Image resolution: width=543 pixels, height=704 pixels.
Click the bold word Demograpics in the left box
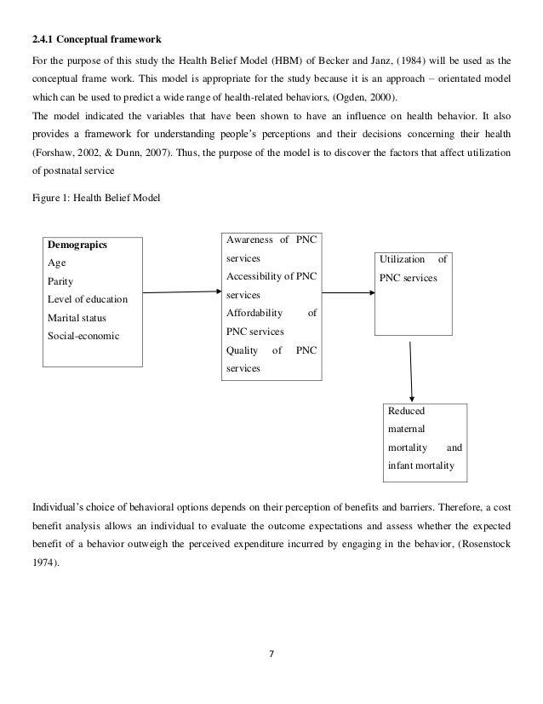77,245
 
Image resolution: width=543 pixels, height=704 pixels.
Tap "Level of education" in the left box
88,299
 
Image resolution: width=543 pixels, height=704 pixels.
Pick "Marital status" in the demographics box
77,317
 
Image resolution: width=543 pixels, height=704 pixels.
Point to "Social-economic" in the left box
83,335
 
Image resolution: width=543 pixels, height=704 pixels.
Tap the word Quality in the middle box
243,350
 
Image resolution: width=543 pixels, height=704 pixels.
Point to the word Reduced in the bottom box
407,412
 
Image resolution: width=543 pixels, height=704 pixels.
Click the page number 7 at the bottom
271,655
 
